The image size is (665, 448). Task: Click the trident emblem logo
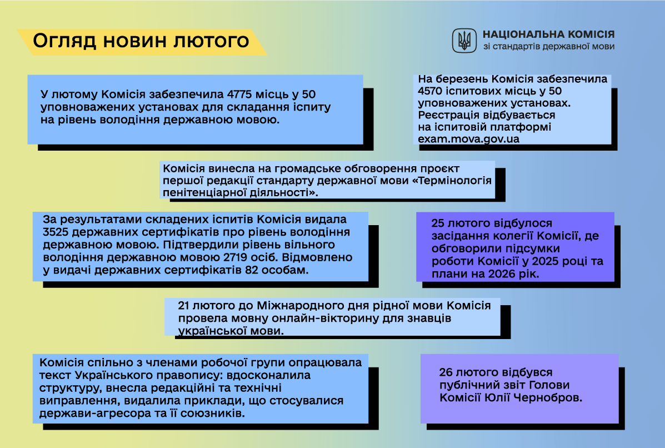coord(464,40)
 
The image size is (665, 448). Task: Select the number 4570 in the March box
coord(433,91)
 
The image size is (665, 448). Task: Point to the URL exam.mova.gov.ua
coord(468,139)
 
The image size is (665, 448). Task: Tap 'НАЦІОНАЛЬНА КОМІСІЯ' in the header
coord(548,34)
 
